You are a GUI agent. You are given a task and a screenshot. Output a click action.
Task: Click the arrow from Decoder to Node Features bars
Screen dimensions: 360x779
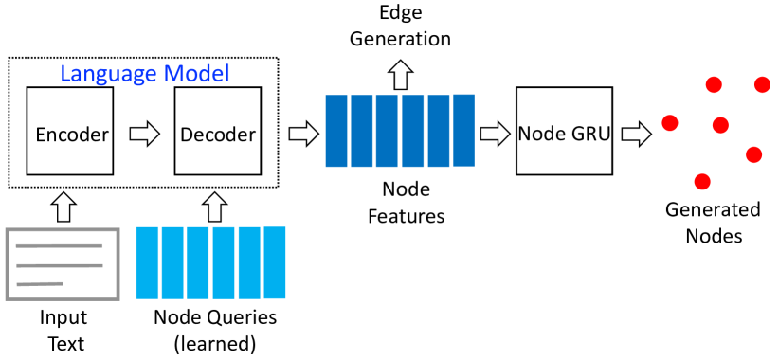(x=302, y=134)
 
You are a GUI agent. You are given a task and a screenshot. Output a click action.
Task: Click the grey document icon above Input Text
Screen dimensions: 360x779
(x=63, y=262)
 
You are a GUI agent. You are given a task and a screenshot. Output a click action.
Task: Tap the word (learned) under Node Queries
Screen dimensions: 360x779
(x=215, y=343)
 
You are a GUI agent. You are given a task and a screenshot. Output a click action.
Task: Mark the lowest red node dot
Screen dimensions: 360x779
(x=702, y=181)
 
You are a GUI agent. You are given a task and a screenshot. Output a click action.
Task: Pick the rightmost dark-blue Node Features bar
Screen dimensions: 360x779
(x=463, y=130)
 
